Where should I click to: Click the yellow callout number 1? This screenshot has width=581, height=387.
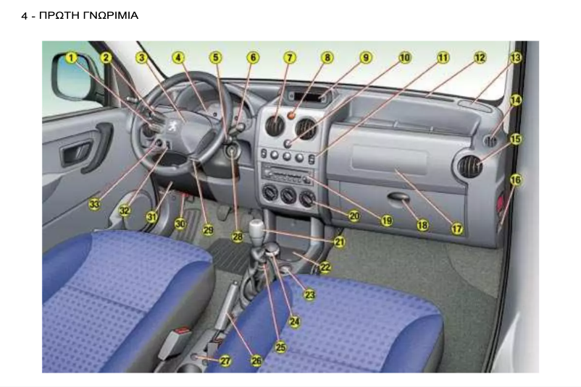71,58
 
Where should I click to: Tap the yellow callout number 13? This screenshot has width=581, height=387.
515,58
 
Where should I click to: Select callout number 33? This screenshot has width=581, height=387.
94,204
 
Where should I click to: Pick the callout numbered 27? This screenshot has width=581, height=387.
225,361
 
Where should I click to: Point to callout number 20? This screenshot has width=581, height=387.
354,216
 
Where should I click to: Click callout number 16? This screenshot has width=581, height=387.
515,180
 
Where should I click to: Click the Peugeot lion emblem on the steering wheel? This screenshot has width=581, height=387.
172,126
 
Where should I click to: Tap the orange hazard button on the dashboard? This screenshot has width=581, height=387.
291,116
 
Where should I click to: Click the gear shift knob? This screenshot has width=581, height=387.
256,230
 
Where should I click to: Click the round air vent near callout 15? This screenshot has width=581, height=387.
469,166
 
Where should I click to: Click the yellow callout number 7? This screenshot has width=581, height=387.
290,58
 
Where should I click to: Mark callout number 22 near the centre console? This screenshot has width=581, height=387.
325,267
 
